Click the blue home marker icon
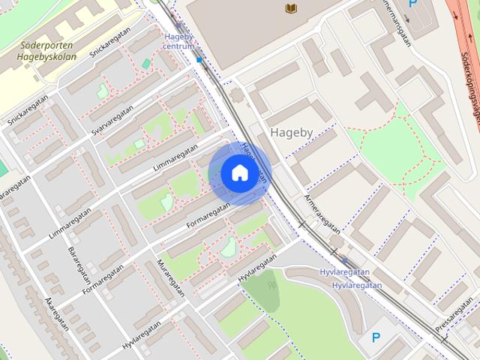[x=238, y=172]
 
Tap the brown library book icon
[x=291, y=8]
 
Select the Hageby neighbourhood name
[x=291, y=132]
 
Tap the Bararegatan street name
[x=78, y=259]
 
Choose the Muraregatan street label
[x=169, y=278]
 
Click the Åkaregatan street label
[x=57, y=313]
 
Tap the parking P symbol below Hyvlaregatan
[x=376, y=338]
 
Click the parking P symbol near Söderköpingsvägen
[x=412, y=4]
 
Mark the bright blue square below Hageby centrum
[x=199, y=59]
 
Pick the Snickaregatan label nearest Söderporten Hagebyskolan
[x=106, y=45]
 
